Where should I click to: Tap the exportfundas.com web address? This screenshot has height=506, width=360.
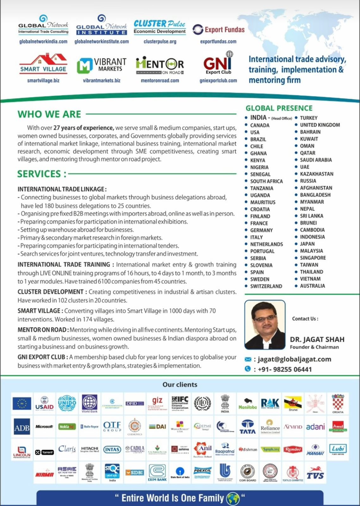pos(218,41)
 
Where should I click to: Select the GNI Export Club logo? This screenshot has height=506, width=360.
pos(218,64)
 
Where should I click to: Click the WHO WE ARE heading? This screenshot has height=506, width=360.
pos(49,114)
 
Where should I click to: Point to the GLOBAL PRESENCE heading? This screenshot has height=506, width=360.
pos(279,108)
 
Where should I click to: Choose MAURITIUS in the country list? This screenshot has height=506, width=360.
pos(263,202)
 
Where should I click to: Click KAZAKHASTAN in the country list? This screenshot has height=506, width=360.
pos(316,174)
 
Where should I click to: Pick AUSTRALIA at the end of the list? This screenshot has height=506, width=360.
pos(312,286)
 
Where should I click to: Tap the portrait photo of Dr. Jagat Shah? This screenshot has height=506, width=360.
pos(265,324)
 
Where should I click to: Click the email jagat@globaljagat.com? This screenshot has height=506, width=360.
pos(294,359)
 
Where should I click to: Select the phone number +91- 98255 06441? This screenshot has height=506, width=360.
pos(285,369)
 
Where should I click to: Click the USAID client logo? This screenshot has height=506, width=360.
pos(44,404)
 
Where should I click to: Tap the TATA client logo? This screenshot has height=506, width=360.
pos(247,427)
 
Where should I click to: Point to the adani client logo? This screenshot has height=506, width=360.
pos(315,427)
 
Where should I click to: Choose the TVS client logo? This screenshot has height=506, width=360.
pos(315,473)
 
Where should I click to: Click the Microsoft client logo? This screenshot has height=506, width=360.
pos(44,427)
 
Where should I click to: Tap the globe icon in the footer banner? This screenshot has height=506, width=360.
pos(233,498)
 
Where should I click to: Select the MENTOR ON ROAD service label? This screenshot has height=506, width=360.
pos(42,330)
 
